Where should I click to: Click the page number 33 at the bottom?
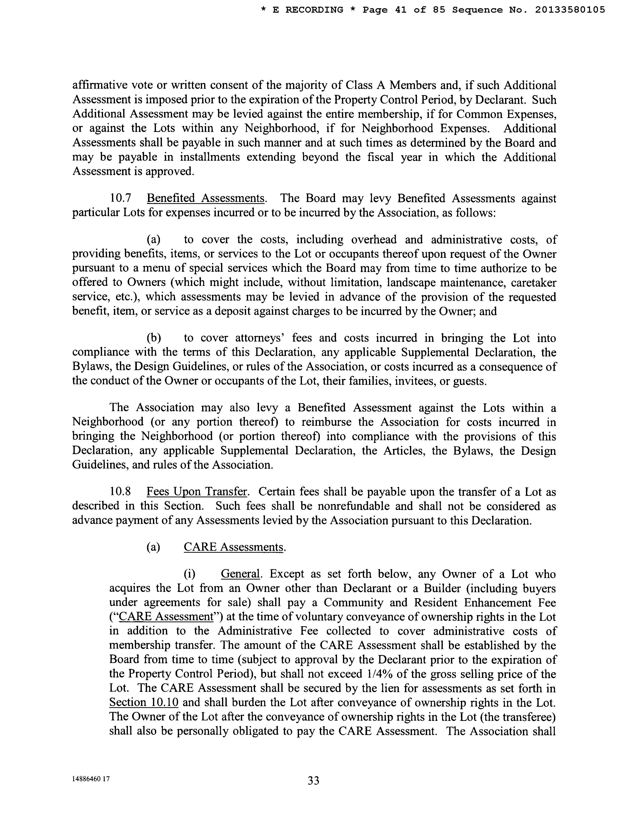(x=313, y=780)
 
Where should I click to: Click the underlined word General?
(x=240, y=574)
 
